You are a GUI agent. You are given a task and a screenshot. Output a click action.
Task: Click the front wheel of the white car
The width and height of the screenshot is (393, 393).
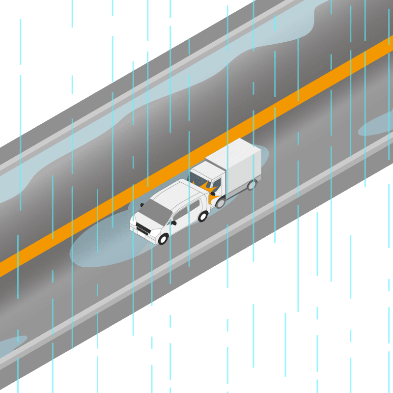coord(163,239)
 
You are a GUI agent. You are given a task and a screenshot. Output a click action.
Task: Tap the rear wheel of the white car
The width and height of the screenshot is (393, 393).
coord(203,216)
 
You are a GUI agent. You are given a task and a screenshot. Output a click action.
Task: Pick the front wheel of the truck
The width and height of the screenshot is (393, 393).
coord(221,202)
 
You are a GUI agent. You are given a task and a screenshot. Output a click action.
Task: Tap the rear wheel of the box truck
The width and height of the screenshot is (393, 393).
coord(252,185)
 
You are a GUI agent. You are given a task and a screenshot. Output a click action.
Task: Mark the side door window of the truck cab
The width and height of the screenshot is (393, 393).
coord(216,185)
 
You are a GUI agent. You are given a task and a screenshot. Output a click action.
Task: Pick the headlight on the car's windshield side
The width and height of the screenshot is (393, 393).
coord(155,232)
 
